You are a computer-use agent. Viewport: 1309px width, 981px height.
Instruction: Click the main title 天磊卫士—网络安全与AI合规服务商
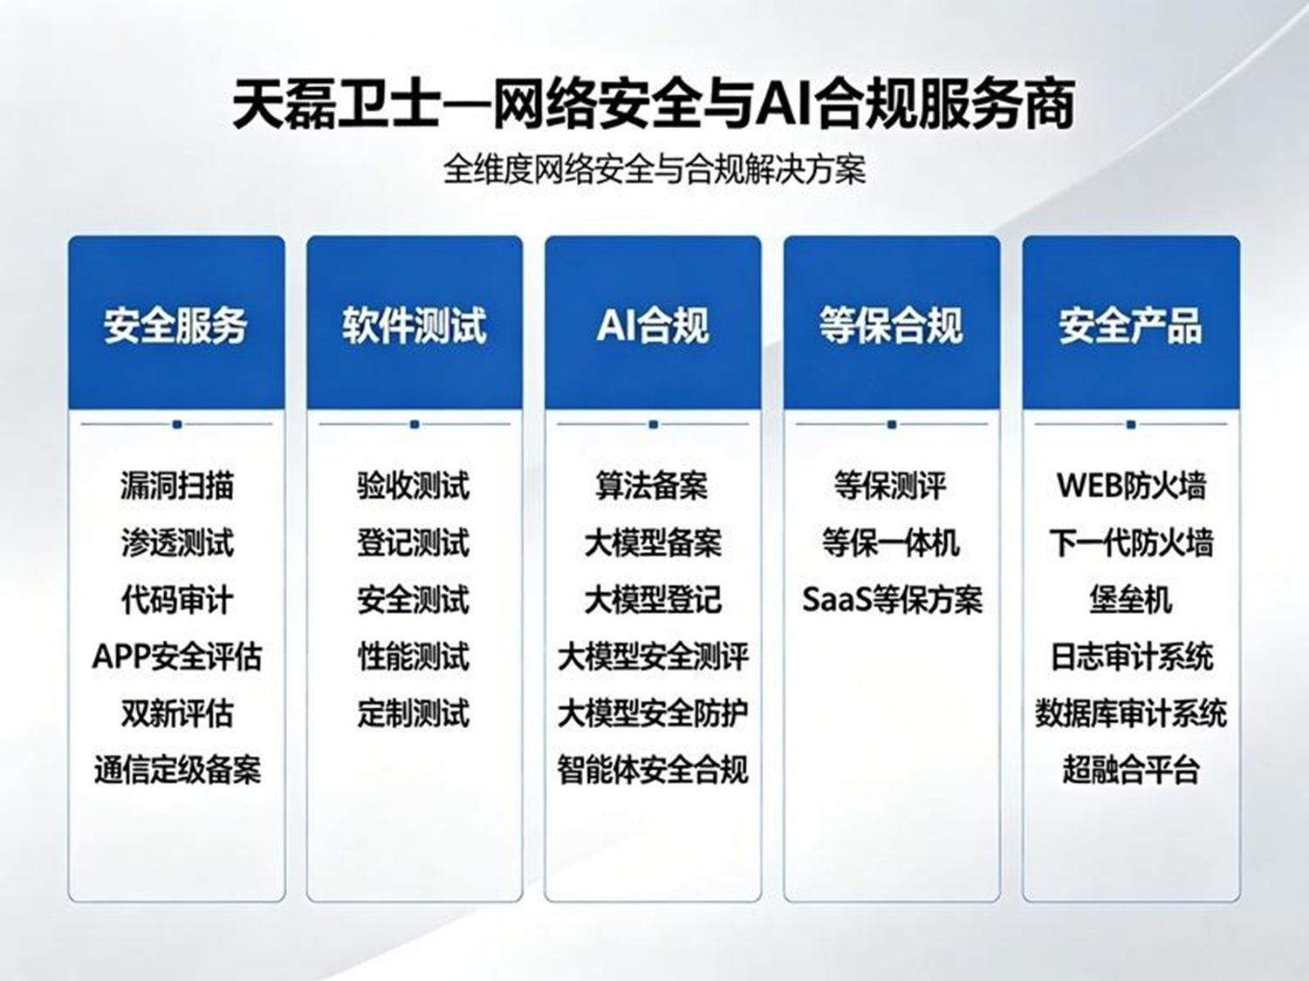coord(654,105)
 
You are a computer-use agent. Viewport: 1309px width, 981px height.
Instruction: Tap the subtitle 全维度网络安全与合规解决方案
coord(654,170)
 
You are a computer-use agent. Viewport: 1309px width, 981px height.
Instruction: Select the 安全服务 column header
coord(176,326)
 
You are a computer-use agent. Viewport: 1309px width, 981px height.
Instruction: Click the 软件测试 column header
coord(415,326)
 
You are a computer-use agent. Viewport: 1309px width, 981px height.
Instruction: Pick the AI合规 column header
coord(653,326)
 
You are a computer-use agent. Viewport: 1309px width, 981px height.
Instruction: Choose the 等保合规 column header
coord(892,326)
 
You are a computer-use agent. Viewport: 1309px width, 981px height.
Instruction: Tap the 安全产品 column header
coord(1131,326)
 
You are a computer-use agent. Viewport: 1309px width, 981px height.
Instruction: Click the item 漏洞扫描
coord(176,486)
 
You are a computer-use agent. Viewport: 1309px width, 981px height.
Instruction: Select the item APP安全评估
coord(176,657)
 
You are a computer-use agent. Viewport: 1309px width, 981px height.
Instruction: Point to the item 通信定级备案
coord(177,770)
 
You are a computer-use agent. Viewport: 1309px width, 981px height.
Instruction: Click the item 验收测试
coord(414,486)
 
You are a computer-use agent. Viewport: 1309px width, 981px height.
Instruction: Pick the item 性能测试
coord(414,657)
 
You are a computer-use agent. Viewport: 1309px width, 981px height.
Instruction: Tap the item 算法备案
coord(653,486)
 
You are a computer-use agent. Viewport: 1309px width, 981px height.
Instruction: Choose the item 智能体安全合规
coord(653,770)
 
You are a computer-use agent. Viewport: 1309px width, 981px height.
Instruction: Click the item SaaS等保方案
coord(892,599)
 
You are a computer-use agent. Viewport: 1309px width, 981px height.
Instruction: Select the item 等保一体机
coord(892,542)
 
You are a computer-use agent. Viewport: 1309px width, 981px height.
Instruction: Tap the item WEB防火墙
coord(1131,486)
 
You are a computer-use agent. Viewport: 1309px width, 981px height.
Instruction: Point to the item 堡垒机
coord(1131,599)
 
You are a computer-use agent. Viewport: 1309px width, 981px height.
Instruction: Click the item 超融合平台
coord(1131,770)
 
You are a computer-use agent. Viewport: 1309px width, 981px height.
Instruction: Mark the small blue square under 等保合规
coord(892,425)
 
